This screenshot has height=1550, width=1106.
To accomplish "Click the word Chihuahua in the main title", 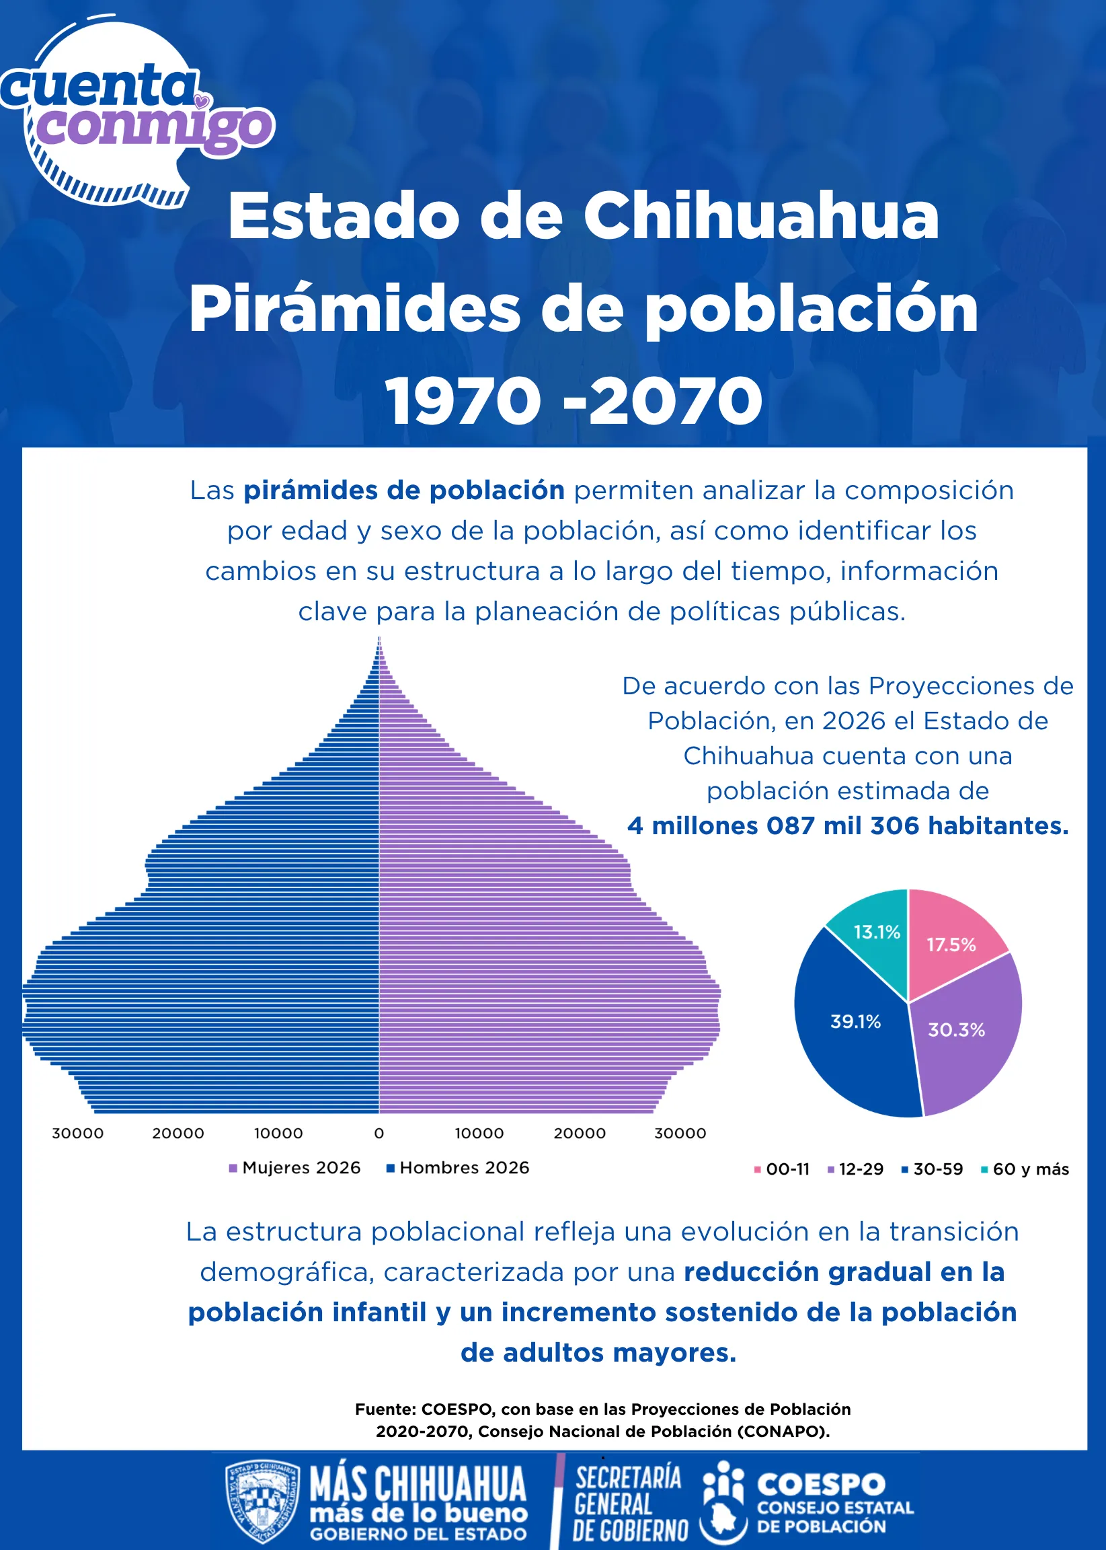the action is pos(760,216).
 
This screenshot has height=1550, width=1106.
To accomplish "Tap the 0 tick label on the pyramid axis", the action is pos(379,1134).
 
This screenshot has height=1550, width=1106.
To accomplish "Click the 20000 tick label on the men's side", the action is pos(177,1134).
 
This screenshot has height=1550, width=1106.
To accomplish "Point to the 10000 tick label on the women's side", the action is pos(479,1134).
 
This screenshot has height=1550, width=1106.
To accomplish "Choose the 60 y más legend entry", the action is pos(1025,1169).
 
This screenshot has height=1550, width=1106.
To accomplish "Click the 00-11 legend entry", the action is pos(782,1169).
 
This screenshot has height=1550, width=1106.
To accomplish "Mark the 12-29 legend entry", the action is pos(855,1169).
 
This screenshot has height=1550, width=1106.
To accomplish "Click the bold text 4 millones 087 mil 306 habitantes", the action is pos(848,825).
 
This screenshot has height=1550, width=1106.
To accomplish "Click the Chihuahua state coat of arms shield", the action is pos(262,1501).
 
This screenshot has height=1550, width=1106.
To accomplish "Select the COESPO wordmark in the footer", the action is pos(822,1484).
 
